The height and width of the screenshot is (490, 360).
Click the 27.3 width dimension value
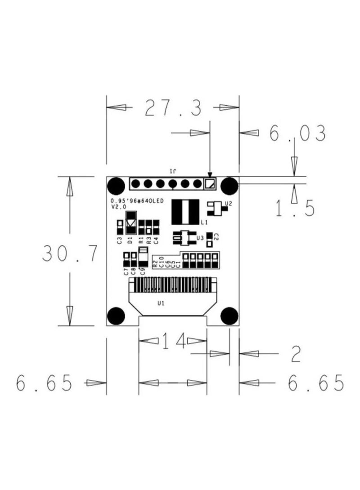point(173,108)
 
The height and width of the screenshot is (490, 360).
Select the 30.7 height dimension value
point(70,254)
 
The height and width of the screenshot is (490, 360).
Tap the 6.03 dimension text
point(297,134)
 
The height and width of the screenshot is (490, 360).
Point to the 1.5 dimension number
point(295,208)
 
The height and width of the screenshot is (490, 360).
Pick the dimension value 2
point(295,355)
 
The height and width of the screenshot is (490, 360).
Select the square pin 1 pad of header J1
point(210,183)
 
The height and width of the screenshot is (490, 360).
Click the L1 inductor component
point(185,212)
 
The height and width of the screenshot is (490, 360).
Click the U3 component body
point(183,237)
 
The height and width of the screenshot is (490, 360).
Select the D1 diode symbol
point(131,223)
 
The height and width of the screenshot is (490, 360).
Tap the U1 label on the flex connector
point(161,303)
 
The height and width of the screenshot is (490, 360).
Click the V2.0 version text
point(118,207)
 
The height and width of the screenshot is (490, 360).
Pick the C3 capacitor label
point(120,240)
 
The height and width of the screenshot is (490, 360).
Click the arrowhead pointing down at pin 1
point(210,174)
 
